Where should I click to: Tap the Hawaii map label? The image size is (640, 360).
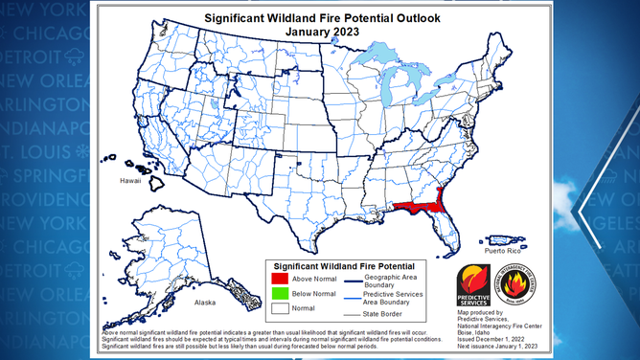pyautogui.click(x=130, y=179)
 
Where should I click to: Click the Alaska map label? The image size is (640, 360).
pyautogui.click(x=206, y=303)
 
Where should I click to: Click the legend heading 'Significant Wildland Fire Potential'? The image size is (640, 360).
pyautogui.click(x=344, y=264)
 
